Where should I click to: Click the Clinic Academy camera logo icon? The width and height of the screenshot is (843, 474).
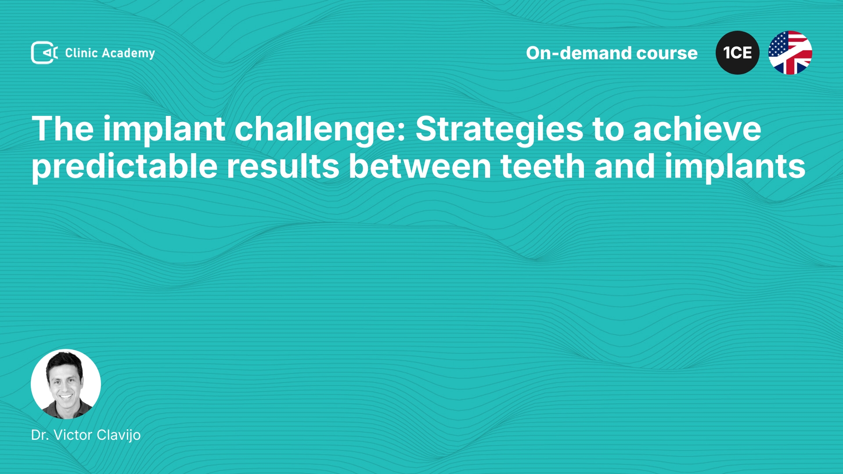(x=44, y=53)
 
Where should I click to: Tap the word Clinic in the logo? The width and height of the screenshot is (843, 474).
(x=81, y=53)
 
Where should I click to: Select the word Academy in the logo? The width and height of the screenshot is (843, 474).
(x=129, y=54)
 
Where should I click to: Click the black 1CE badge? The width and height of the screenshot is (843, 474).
(x=738, y=53)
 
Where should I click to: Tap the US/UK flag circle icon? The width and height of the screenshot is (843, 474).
(x=790, y=53)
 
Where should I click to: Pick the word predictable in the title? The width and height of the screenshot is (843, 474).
(x=125, y=167)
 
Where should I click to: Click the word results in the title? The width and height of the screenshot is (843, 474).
(x=283, y=166)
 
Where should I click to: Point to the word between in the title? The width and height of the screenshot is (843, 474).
(x=420, y=166)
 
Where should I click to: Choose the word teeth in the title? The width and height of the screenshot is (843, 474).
(x=543, y=166)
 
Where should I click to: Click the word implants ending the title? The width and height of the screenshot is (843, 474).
(x=735, y=167)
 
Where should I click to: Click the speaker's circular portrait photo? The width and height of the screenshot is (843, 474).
(x=66, y=384)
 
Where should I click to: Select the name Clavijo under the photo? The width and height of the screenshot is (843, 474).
(x=119, y=435)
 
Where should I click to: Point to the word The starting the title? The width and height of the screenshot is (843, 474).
(x=63, y=129)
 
